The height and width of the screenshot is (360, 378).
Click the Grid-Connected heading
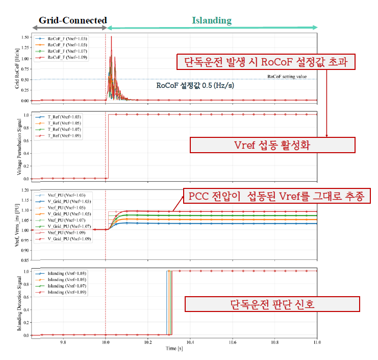click(x=73, y=21)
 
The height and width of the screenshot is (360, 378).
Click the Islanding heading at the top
click(x=211, y=21)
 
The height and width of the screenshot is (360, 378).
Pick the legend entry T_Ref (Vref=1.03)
click(x=65, y=117)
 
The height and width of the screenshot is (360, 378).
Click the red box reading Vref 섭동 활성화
click(x=272, y=145)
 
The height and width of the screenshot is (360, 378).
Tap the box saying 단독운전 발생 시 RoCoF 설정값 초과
click(x=265, y=62)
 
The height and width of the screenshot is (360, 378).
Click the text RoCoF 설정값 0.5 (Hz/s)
click(x=195, y=86)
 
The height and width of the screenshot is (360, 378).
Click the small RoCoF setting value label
click(x=287, y=77)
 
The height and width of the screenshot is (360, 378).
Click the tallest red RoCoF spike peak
click(x=111, y=37)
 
